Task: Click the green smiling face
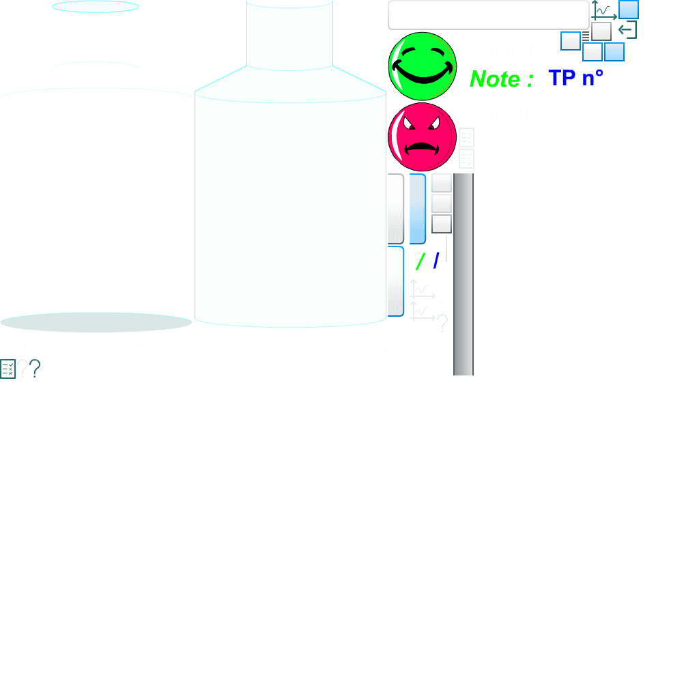(x=422, y=66)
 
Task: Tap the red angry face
(x=422, y=137)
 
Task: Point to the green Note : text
(x=501, y=79)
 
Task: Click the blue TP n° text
(x=575, y=79)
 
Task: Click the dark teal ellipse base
(x=96, y=322)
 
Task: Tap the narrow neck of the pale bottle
(x=289, y=34)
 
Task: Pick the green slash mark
(x=420, y=261)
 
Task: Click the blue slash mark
(x=436, y=261)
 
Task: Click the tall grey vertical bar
(x=463, y=273)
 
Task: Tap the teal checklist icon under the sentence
(x=8, y=369)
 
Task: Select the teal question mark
(x=35, y=369)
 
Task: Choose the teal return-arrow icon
(x=627, y=30)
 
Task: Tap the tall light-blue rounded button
(x=417, y=209)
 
